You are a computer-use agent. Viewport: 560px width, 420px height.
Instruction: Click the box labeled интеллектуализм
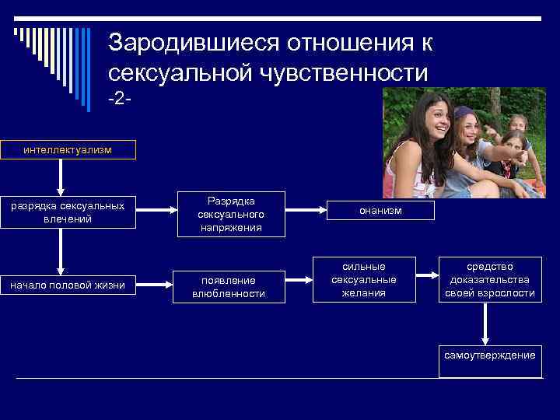click(x=68, y=149)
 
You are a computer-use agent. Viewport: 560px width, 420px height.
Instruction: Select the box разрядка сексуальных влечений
click(x=68, y=213)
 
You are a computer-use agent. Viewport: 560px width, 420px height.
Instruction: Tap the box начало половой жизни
click(x=68, y=285)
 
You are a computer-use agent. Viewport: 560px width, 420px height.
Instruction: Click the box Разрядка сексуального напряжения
click(x=231, y=213)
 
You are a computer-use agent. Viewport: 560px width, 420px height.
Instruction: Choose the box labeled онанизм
click(x=380, y=211)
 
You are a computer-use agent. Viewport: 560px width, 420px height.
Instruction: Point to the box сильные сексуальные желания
click(x=363, y=279)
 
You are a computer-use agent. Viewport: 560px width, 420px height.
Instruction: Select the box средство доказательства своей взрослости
click(x=490, y=279)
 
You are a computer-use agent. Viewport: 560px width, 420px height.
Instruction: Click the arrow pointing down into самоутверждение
click(x=485, y=324)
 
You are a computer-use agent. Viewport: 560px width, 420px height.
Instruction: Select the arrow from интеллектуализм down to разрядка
click(x=60, y=177)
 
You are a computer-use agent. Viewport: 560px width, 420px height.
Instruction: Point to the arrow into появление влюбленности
click(x=156, y=285)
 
